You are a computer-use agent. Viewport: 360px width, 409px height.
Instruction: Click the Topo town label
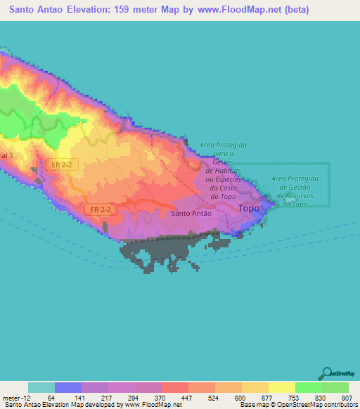(x=249, y=209)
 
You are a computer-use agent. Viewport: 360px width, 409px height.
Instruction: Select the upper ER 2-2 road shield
(x=60, y=164)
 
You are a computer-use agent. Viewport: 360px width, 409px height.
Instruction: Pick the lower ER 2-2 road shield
(x=101, y=209)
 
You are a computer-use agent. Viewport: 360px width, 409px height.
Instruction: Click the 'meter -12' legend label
(x=15, y=397)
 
